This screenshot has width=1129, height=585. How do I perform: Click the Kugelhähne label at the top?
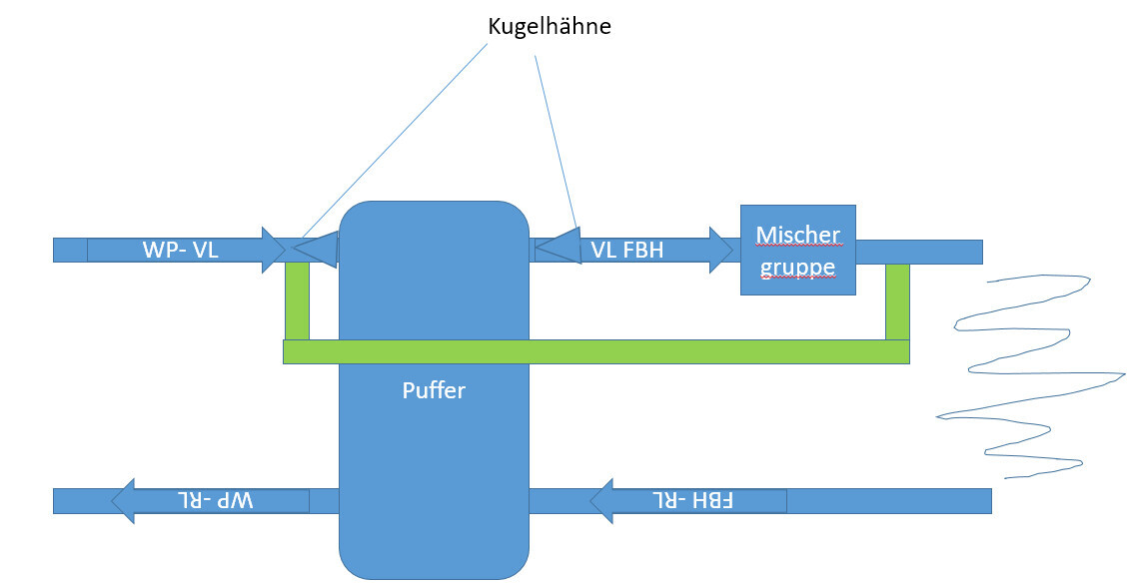click(549, 27)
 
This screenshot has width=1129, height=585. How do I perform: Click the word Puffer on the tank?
click(434, 390)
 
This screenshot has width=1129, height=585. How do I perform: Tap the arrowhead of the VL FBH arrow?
click(725, 250)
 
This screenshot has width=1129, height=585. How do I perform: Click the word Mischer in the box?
click(797, 235)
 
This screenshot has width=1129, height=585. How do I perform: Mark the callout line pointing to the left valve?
click(400, 140)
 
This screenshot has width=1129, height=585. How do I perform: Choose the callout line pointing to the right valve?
click(556, 140)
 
